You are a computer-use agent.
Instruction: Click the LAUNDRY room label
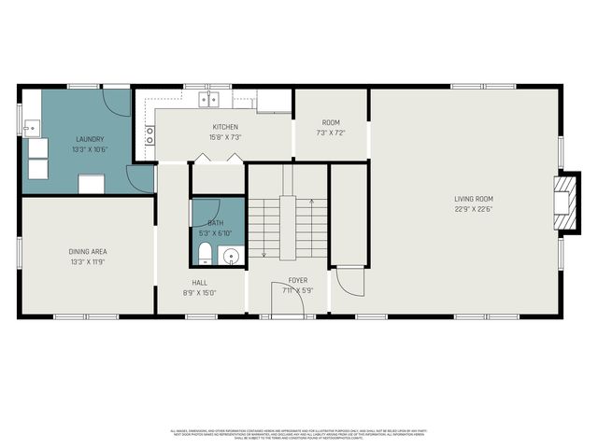point(90,139)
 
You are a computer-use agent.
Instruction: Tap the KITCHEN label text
point(225,127)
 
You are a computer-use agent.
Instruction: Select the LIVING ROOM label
point(474,199)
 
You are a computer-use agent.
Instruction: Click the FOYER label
point(297,280)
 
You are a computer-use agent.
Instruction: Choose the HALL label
point(200,282)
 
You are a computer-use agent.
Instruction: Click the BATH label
point(216,223)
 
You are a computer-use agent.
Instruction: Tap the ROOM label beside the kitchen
point(331,122)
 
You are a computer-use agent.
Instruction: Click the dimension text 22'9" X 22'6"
point(474,209)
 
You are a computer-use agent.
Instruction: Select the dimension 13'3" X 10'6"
point(90,149)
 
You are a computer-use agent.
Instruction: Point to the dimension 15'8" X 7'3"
point(225,137)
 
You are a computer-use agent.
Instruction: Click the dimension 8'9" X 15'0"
point(200,292)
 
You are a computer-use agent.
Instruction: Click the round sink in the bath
point(232,253)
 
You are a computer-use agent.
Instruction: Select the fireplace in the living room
point(563,199)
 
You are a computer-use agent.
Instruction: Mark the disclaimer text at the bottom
point(298,434)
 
